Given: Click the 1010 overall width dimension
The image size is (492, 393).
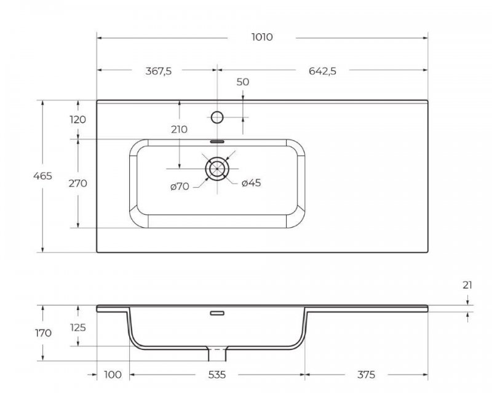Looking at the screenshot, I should point(262,37).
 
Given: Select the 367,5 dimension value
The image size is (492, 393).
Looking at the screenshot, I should point(158,71).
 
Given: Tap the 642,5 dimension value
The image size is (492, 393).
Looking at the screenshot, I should point(323,71).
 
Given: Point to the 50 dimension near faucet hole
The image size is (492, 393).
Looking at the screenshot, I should point(242,82).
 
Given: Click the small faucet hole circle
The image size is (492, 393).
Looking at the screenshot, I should point(216,116).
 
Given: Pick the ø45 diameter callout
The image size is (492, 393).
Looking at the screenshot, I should point(252,183).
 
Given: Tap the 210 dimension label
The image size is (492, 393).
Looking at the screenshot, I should point(179,130).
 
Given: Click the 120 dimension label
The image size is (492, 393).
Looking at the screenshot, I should point(78,120).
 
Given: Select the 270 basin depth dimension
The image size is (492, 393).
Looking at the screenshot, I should point(78,183).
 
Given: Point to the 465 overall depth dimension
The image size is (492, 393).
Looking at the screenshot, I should point(42,176).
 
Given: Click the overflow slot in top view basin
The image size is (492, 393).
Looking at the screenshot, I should point(216,141).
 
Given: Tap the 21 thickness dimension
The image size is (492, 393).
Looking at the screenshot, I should point(468,285).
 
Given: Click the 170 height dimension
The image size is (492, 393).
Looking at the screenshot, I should point(42,333).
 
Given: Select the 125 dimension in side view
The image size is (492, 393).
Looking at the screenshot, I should point(78,327).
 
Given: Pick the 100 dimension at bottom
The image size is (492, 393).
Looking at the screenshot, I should point(113,374).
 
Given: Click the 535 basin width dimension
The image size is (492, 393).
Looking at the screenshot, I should point(216,374).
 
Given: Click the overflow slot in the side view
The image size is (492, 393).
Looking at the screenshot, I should point(216,313).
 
